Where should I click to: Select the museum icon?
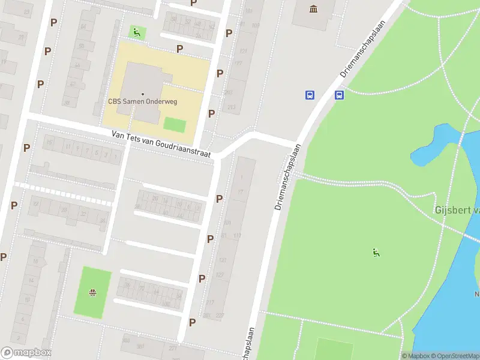click(x=313, y=8)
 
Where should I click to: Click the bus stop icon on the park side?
click(x=339, y=95)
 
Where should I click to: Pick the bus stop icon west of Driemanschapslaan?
click(x=310, y=95)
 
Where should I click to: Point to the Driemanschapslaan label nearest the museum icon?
click(x=362, y=47)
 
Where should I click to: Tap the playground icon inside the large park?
click(x=376, y=253)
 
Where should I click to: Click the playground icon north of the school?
click(x=137, y=32)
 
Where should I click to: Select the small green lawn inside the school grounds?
click(x=175, y=125)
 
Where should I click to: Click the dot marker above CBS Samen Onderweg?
click(x=143, y=94)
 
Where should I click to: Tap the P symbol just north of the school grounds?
click(x=179, y=49)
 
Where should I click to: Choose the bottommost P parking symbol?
click(x=192, y=322)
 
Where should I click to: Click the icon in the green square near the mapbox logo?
click(x=93, y=293)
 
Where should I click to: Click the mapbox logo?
click(x=26, y=353)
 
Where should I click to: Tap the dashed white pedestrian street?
click(x=63, y=193)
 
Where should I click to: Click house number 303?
click(x=125, y=340)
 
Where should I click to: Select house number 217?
click(x=209, y=302)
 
